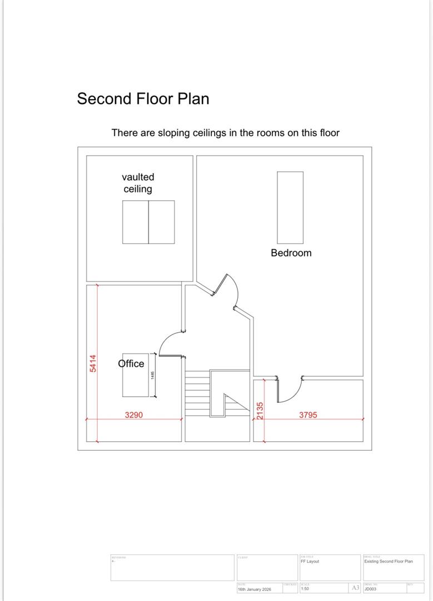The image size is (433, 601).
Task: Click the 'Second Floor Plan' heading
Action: pos(143,99)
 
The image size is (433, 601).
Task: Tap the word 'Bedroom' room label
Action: pos(291,253)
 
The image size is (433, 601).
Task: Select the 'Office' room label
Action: pos(131,363)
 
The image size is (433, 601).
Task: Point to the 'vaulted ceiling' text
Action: pos(138,183)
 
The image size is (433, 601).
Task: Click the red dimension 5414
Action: pos(93,363)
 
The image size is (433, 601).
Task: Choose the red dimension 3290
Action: pos(134,415)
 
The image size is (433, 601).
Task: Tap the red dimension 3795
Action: pos(308,415)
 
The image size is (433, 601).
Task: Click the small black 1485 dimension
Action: pos(152,376)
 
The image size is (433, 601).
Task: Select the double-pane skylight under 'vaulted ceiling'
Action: pos(148,222)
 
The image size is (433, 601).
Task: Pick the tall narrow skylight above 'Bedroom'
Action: pos(290,208)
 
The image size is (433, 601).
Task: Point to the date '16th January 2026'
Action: pos(255,589)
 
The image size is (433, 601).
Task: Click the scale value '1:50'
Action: pos(305,588)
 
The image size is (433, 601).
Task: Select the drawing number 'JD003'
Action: pos(370,588)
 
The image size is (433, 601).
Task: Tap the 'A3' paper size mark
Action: pos(355,588)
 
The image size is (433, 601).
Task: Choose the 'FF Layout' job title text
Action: pos(310,561)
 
